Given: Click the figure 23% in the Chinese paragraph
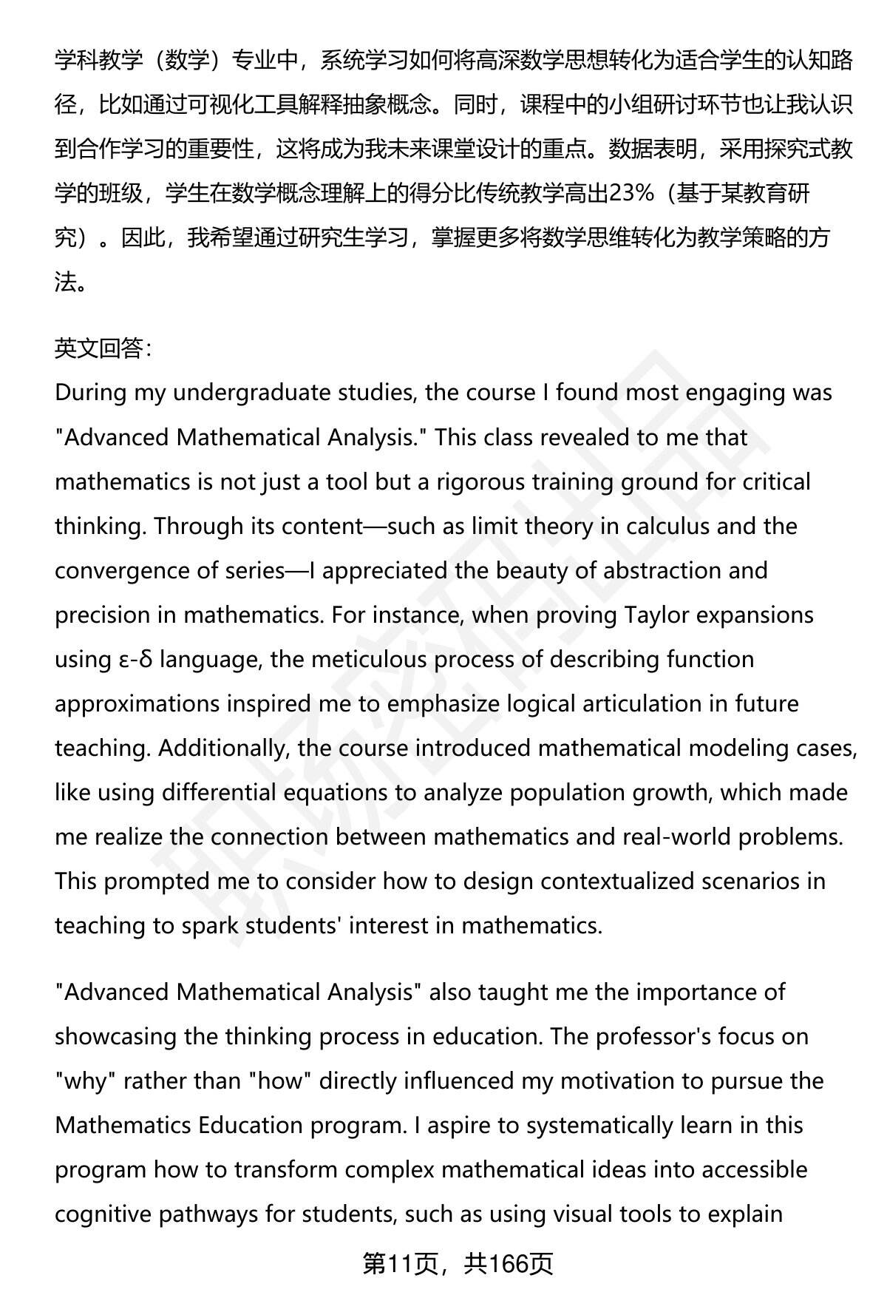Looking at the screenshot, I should tap(631, 194).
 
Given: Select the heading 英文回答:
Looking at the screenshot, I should tap(103, 348).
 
